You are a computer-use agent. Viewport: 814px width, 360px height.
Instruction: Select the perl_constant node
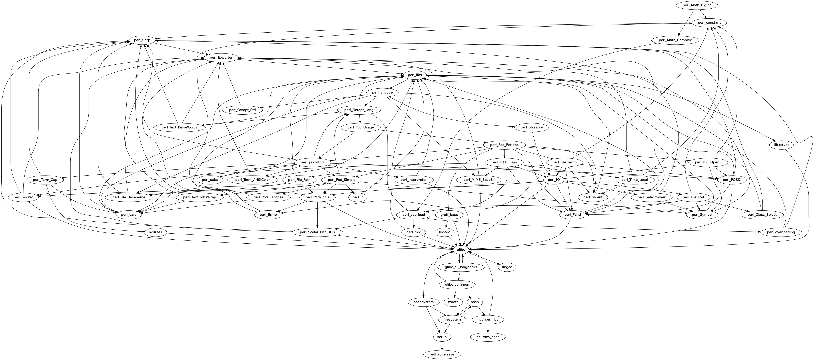709,23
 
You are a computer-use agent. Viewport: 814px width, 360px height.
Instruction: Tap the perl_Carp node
142,40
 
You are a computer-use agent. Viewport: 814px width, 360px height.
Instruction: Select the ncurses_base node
488,337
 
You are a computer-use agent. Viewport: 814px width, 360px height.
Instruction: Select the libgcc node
507,267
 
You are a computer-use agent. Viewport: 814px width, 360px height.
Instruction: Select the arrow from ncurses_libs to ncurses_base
488,328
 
